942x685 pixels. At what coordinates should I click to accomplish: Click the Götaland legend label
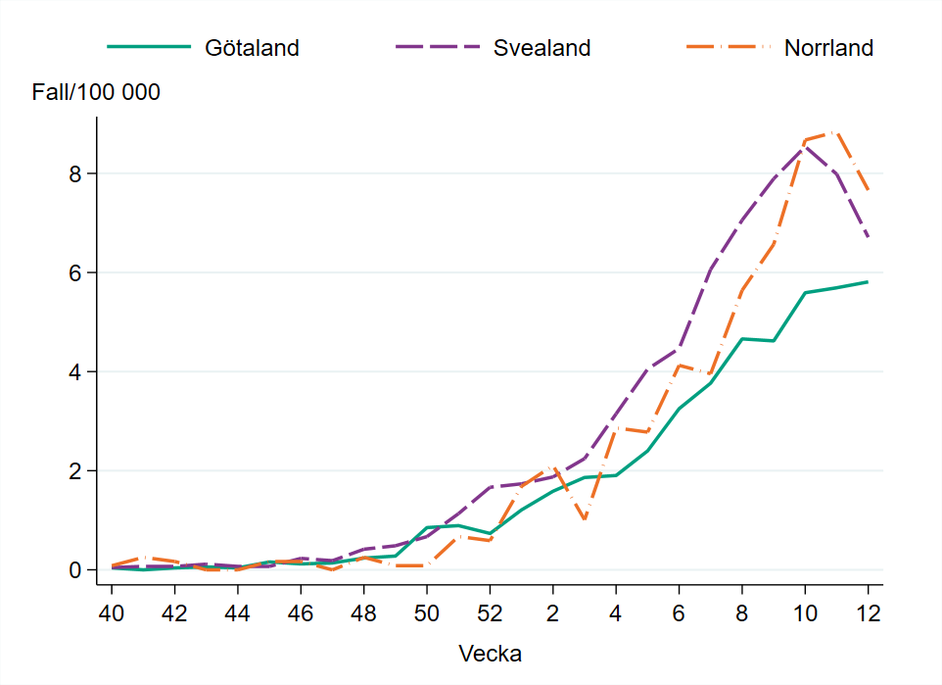coord(252,47)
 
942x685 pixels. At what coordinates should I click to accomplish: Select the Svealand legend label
coord(542,47)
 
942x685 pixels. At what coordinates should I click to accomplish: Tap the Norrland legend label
coord(828,47)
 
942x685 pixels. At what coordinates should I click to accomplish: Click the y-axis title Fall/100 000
coord(96,93)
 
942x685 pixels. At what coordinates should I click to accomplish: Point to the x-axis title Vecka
coord(490,654)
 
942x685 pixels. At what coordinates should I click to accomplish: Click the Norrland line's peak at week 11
coord(836,130)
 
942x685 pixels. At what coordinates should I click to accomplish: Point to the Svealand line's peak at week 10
coord(805,145)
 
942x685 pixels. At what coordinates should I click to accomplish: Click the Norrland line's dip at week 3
coord(585,519)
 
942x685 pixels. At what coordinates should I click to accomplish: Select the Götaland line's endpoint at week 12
coord(868,282)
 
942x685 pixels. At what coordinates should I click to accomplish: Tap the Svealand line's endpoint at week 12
coord(868,236)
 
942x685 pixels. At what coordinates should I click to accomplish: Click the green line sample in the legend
coord(147,47)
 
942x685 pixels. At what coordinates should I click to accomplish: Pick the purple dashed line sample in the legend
coord(437,47)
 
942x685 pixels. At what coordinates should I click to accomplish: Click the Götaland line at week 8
coord(742,339)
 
